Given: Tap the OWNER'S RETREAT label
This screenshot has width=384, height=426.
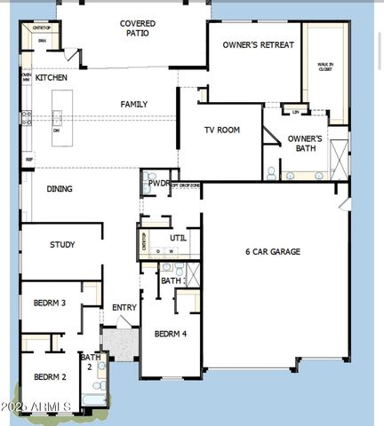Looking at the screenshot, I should click(252, 44).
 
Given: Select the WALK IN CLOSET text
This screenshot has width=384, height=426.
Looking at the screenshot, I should click(325, 67).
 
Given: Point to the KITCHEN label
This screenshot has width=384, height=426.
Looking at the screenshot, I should click(52, 78).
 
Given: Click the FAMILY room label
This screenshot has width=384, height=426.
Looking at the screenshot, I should click(134, 104).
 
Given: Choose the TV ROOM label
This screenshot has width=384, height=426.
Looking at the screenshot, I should click(222, 130).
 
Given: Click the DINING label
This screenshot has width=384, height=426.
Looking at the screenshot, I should click(60, 189).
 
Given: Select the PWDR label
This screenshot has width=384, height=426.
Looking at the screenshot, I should click(159, 184).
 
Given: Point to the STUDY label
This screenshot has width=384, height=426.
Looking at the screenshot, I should click(62, 245).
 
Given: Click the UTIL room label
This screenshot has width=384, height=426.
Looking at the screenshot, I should click(179, 238).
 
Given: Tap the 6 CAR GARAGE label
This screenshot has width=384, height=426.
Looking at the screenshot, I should click(273, 252).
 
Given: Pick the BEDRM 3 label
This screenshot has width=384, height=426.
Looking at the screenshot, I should click(50, 304).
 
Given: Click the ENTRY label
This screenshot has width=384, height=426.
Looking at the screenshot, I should click(124, 308).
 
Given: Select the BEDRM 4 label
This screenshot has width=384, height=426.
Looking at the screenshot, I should click(170, 335).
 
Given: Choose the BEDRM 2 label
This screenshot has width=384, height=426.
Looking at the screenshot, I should click(51, 377).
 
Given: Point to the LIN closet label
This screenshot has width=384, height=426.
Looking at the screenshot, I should click(295, 112).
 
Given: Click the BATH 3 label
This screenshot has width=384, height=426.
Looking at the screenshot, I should click(172, 280).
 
